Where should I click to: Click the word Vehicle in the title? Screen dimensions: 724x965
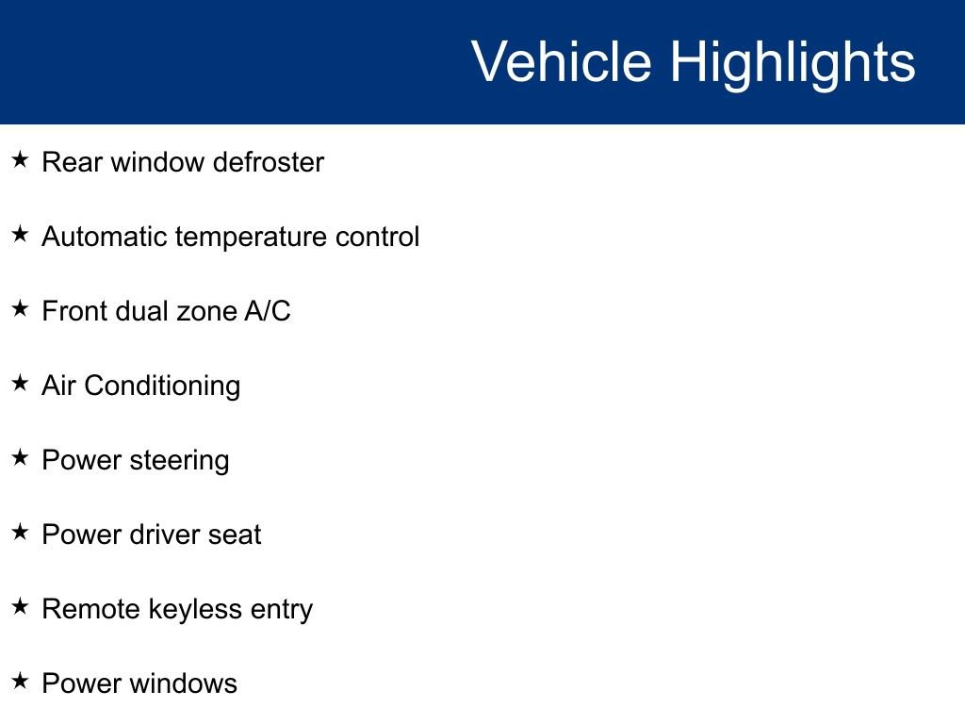tap(561, 62)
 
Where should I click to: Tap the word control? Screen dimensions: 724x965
tap(377, 237)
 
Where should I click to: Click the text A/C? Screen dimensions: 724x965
tap(268, 311)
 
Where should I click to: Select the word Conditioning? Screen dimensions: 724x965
tap(162, 387)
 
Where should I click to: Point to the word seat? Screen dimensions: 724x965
tap(235, 535)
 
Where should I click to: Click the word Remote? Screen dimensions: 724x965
tap(90, 609)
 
